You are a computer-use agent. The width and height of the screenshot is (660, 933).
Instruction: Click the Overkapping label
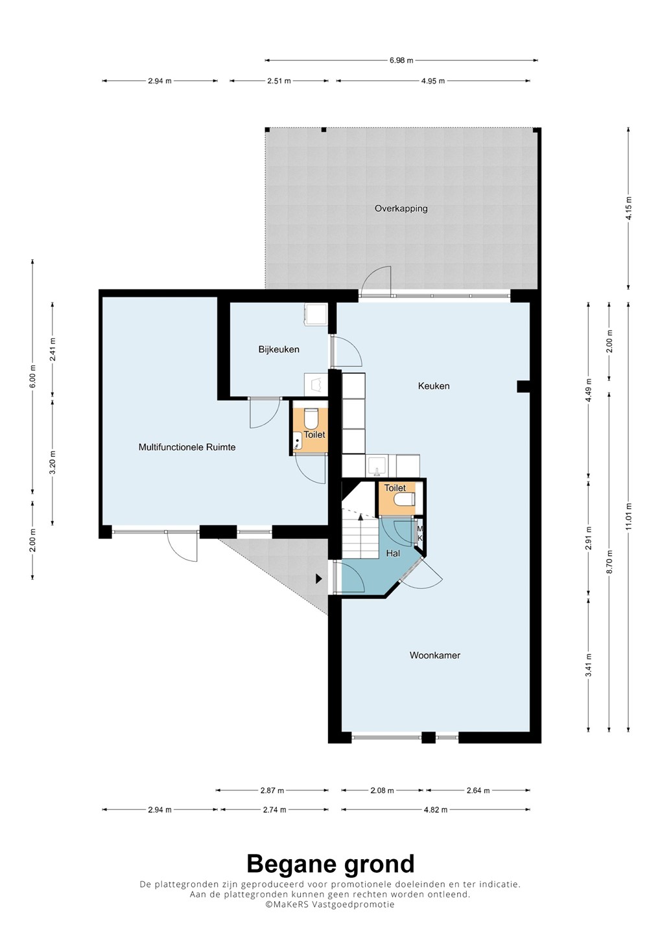point(401,208)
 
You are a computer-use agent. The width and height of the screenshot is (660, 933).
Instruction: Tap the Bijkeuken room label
point(279,349)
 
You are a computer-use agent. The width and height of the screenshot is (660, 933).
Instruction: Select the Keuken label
point(434,386)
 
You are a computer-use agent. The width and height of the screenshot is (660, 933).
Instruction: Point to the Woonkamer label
point(435,655)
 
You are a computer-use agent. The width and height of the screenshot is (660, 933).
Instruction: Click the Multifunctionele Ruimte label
point(187,447)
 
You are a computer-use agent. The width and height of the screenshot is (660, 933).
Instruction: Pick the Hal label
point(393,553)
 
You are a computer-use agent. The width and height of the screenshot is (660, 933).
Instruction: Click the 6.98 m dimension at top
point(402,60)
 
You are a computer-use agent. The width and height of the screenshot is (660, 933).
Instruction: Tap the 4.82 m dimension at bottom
point(436,810)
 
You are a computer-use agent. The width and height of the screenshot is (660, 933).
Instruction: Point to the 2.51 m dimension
point(279,81)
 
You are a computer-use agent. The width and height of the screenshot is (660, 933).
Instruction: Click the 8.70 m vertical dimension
point(609,562)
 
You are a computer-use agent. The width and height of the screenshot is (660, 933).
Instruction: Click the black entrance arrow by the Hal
point(319,579)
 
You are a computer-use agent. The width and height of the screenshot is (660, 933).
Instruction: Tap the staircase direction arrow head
point(360,516)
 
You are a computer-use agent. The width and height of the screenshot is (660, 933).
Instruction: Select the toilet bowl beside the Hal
point(405,499)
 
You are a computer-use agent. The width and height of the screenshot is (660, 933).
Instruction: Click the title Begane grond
point(331,864)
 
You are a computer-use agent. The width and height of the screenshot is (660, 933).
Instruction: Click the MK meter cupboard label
point(420,533)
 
